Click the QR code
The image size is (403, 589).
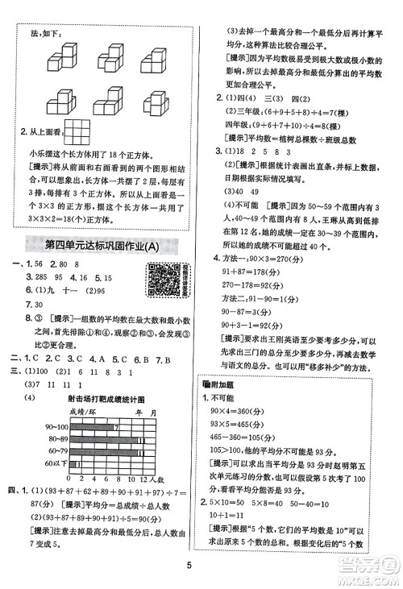click(165, 284)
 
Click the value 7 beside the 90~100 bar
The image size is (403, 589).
click(117, 425)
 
